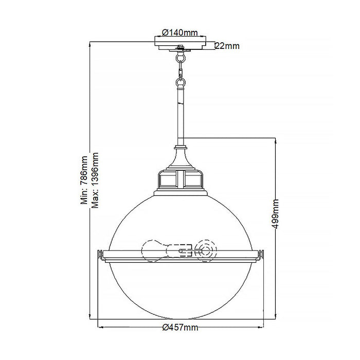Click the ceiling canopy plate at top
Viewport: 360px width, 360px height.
pos(181,43)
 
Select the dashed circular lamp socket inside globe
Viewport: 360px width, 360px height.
pos(206,251)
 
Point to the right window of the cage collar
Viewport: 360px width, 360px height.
pos(193,179)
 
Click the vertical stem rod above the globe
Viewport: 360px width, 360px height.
pos(181,116)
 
